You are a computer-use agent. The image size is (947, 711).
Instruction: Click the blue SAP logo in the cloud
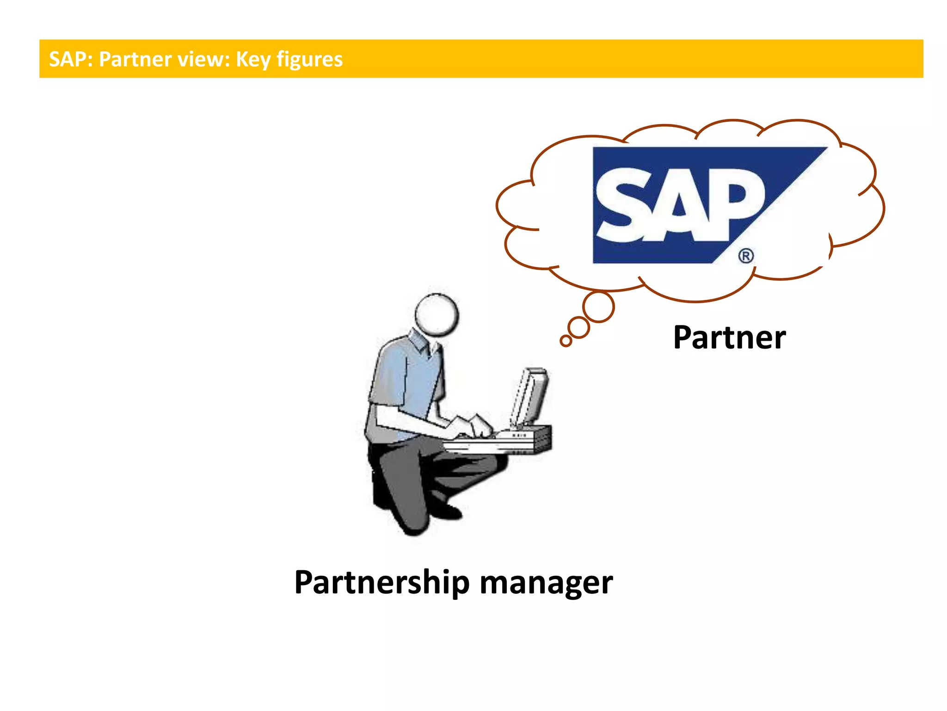(x=694, y=204)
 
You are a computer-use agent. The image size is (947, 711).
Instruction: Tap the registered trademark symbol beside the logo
(x=746, y=256)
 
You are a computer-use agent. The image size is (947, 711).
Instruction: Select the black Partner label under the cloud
(x=729, y=337)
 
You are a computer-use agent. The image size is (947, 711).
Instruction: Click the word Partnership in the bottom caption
(x=382, y=582)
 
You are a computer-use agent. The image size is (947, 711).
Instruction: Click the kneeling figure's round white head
(x=437, y=314)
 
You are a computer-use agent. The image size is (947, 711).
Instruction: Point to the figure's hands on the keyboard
(x=472, y=426)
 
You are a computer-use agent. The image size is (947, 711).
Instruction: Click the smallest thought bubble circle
(x=566, y=341)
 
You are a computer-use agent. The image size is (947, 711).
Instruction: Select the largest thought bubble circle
(x=598, y=306)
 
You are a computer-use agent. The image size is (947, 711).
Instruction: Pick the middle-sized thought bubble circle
(x=578, y=328)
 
